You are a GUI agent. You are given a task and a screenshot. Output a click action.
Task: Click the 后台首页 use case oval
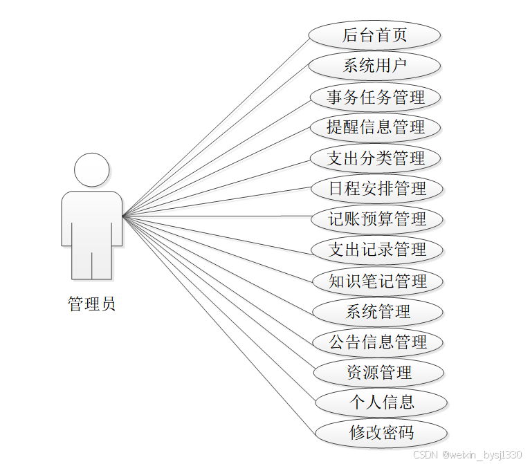tap(374, 35)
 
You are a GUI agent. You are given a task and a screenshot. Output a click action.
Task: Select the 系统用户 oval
tap(374, 66)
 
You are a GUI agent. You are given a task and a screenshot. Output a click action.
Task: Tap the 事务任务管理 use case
tap(376, 97)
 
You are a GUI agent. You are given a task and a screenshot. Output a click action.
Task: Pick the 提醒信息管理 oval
tap(376, 127)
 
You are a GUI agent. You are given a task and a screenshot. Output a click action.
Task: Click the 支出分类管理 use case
tap(376, 158)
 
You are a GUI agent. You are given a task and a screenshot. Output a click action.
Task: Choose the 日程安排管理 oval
tap(377, 189)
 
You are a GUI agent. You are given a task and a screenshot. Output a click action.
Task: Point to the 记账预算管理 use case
tap(377, 219)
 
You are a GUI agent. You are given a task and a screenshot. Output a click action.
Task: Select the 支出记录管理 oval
tap(377, 250)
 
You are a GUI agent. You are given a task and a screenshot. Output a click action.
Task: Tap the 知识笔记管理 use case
tap(378, 281)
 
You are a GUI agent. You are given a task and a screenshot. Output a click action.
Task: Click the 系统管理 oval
tap(378, 311)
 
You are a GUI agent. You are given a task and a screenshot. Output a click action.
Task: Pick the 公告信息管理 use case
tap(378, 342)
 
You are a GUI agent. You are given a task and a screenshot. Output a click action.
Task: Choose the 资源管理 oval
tap(378, 373)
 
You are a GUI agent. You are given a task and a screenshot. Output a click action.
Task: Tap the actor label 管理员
tap(91, 304)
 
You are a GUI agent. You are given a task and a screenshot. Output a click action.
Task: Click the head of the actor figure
tap(92, 169)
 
